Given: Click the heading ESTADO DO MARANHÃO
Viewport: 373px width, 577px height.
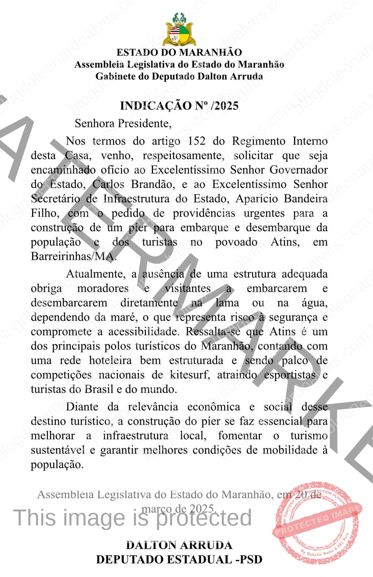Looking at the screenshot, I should pos(179,52).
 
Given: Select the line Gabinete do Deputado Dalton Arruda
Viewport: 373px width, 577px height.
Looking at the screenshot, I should pos(179,76).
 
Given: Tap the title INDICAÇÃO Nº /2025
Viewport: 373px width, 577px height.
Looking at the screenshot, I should pos(179,106).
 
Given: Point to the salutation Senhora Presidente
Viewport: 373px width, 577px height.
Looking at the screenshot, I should pos(123,124).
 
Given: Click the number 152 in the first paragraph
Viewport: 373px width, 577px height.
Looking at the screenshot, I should pos(196,141).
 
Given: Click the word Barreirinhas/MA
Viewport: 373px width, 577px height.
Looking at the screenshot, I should pos(74,256).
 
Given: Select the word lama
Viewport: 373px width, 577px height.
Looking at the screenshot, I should pos(227,303).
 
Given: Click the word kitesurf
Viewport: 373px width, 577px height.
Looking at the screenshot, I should pos(190,375).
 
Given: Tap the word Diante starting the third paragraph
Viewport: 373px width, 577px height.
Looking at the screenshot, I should pos(82,407).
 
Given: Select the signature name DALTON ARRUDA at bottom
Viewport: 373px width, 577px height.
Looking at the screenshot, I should pos(179,545).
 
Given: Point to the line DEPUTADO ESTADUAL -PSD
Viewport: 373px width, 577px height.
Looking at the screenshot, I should pos(179,559).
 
